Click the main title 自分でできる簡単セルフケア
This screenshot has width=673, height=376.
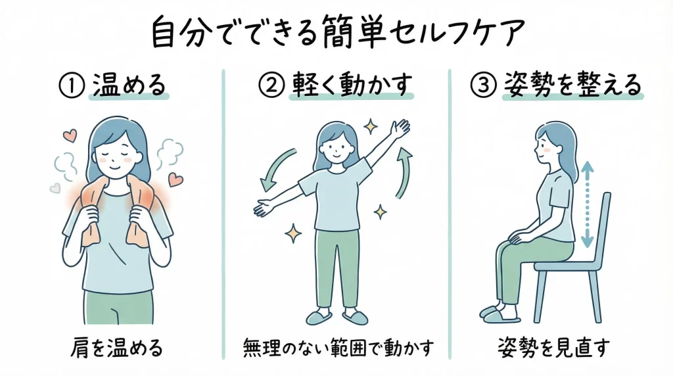pos(336,32)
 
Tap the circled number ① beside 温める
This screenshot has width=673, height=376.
pos(68,86)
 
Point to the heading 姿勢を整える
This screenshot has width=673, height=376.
pos(571,86)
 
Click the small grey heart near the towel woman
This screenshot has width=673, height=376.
pos(55,188)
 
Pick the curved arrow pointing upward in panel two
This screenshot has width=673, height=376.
pos(404,172)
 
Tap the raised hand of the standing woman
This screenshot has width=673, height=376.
pos(400,129)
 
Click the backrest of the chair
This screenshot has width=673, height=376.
pos(601,223)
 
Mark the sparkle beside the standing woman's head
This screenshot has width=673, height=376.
pos(370,125)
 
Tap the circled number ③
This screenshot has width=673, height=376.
pos(484,86)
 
